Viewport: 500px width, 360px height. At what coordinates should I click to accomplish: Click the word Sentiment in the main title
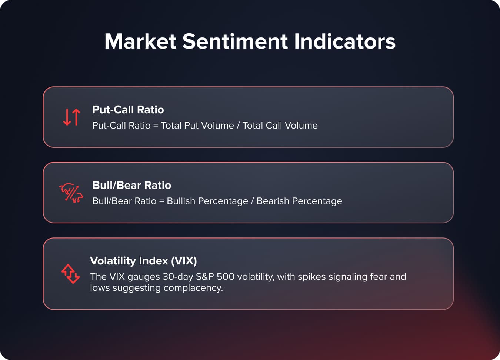235,41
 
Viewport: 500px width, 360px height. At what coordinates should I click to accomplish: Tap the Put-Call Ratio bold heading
128,110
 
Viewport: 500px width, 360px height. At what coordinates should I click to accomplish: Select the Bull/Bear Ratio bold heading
131,185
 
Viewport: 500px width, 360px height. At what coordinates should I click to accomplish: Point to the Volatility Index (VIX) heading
143,261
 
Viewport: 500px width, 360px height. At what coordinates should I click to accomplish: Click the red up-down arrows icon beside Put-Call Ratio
71,117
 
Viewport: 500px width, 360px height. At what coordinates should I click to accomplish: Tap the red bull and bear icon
71,193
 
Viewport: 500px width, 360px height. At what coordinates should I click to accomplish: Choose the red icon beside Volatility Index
70,274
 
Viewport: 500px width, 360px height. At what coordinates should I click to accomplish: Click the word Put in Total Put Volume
191,126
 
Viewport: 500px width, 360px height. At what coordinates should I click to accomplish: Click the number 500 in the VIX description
225,277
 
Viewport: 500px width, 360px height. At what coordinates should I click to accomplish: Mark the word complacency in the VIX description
193,288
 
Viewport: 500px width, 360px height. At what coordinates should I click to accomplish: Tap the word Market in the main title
140,41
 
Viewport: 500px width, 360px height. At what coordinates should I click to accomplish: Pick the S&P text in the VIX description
205,277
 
